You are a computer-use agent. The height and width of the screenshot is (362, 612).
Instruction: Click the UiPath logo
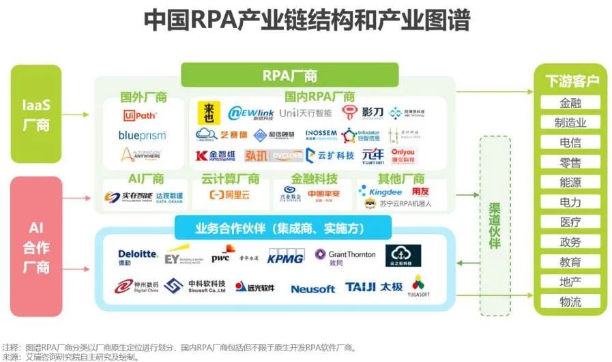(142, 115)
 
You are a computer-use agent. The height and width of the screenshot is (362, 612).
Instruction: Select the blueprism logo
(142, 135)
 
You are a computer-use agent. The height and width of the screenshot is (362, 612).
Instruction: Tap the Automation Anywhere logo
(142, 155)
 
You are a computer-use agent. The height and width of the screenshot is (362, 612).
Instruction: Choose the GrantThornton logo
(345, 256)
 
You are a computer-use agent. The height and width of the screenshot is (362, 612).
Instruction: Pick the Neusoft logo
(312, 288)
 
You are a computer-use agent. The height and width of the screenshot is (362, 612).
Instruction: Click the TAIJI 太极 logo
(375, 287)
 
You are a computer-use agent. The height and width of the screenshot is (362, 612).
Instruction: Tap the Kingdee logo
(385, 192)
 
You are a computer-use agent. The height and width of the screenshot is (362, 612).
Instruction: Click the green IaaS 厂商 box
(36, 115)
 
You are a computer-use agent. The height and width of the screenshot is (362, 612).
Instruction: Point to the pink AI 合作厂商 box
(36, 247)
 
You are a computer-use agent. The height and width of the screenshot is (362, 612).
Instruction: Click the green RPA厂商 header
(289, 75)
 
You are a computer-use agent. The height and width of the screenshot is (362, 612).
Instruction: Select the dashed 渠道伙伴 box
(495, 225)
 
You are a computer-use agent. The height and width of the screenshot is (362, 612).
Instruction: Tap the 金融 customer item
(570, 104)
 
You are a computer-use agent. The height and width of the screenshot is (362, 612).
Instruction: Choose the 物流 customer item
(570, 302)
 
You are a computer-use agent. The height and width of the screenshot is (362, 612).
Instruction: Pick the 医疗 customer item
(570, 222)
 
